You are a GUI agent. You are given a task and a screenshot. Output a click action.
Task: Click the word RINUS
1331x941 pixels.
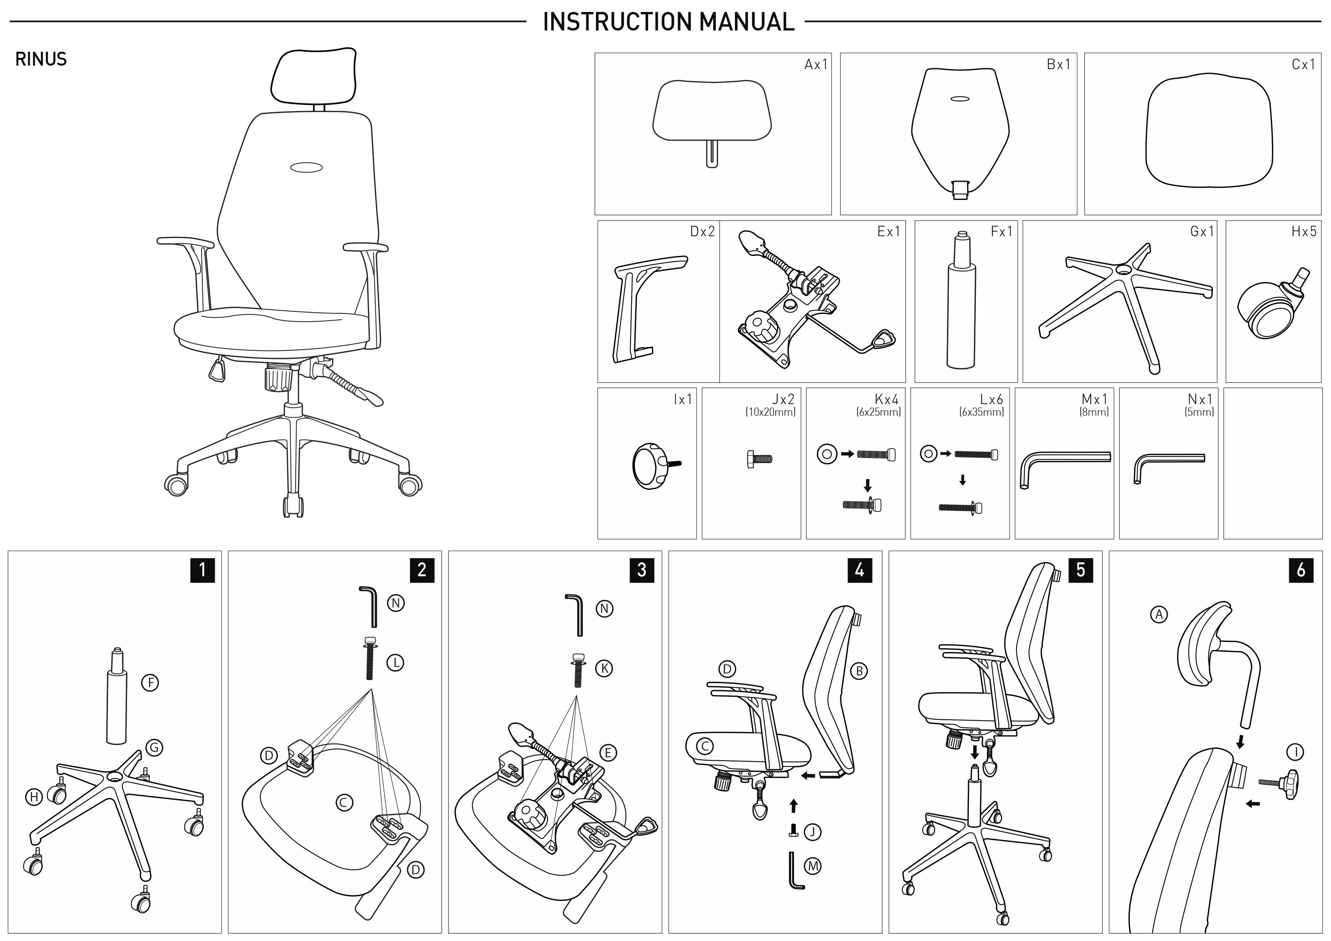click(41, 59)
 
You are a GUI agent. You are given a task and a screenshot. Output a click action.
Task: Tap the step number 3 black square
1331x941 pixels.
click(642, 570)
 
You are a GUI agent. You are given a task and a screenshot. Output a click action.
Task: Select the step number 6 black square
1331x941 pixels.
click(1301, 570)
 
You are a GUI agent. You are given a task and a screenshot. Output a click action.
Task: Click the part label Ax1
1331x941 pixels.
click(816, 64)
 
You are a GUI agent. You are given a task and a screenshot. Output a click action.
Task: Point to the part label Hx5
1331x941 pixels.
click(1304, 231)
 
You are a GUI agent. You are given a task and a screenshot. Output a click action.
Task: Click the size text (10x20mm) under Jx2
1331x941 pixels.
click(770, 412)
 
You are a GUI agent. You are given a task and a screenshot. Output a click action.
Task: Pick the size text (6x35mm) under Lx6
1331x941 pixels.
click(981, 412)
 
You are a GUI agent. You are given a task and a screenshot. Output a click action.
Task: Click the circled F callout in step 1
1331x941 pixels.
click(150, 682)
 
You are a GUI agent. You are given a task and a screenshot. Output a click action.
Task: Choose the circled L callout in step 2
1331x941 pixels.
click(395, 663)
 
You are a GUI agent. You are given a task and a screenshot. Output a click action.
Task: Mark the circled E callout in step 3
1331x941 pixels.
click(608, 753)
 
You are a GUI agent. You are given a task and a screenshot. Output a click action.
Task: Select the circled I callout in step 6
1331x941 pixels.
click(1295, 752)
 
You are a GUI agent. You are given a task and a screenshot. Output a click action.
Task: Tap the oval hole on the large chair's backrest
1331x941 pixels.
click(307, 168)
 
